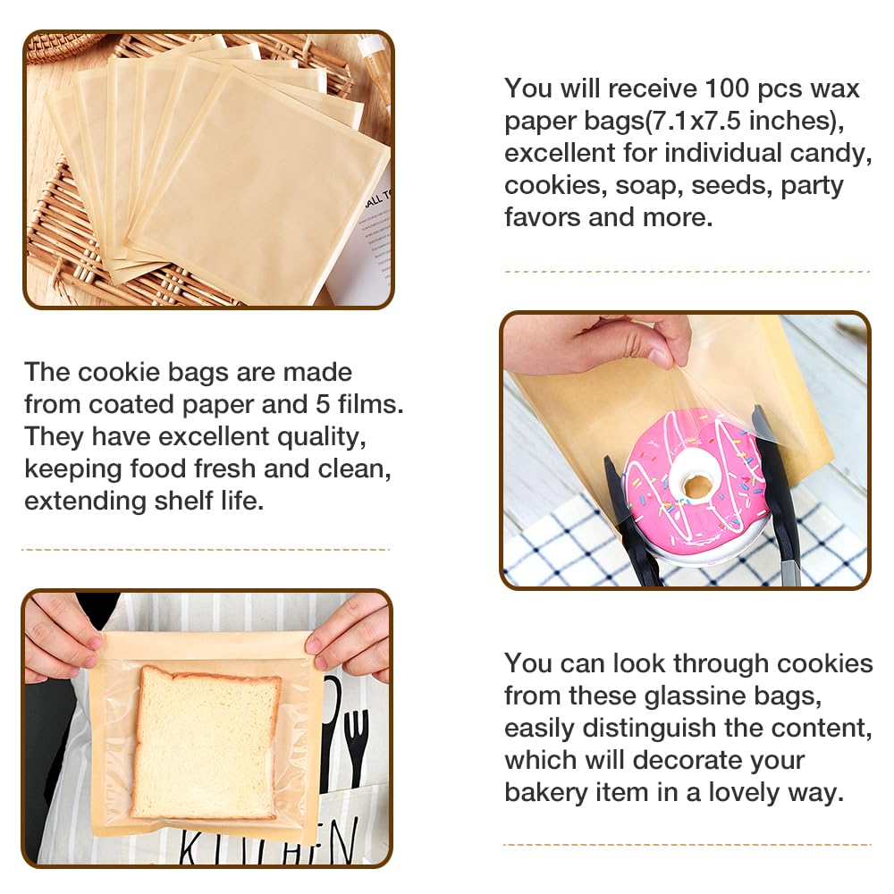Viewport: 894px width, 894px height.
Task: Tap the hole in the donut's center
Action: click(x=696, y=485)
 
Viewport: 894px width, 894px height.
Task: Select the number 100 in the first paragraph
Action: click(x=736, y=89)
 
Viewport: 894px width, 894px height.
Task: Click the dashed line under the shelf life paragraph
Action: click(x=206, y=549)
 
